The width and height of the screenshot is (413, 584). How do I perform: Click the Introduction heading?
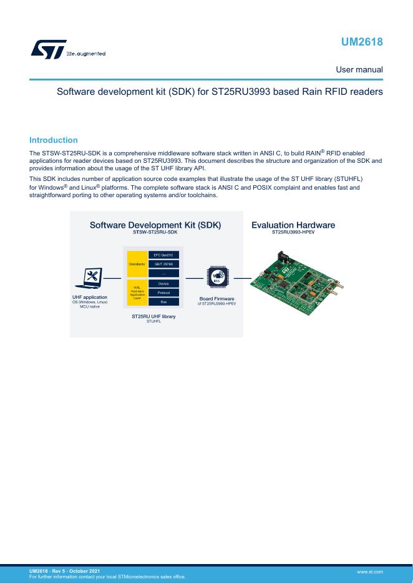[54, 140]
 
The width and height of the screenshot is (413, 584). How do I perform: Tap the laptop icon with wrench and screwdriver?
[90, 279]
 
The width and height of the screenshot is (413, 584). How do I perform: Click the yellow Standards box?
[137, 265]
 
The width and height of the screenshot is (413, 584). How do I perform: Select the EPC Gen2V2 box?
[163, 255]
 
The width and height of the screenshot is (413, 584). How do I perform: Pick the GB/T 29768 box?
[163, 265]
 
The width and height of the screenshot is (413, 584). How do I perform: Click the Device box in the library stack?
[163, 284]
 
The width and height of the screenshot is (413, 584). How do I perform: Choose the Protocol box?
[163, 293]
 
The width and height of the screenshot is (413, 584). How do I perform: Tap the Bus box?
[163, 302]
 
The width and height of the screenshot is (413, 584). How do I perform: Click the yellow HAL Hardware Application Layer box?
[137, 293]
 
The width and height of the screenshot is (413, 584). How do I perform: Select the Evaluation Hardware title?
[293, 225]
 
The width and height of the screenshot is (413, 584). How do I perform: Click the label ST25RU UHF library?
[153, 317]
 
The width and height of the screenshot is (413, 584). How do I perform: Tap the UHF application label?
[90, 298]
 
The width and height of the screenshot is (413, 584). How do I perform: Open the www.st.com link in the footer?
[369, 571]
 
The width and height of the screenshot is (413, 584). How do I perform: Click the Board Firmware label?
[216, 298]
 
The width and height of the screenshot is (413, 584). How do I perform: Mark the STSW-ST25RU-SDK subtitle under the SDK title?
[155, 232]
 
